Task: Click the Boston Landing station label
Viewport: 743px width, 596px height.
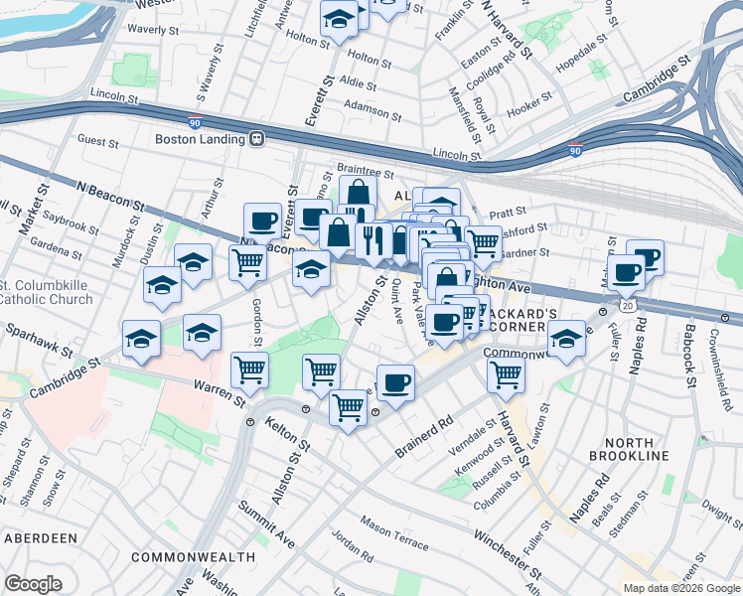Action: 200,139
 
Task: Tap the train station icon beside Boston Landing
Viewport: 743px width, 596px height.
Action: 256,139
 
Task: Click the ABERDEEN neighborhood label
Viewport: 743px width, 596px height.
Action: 41,537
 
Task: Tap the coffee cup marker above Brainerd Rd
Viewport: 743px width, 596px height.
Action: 395,382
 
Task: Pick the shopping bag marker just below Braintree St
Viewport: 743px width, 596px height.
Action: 358,193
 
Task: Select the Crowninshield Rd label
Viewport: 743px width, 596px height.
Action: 716,363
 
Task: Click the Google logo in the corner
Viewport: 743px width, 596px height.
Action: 34,584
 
